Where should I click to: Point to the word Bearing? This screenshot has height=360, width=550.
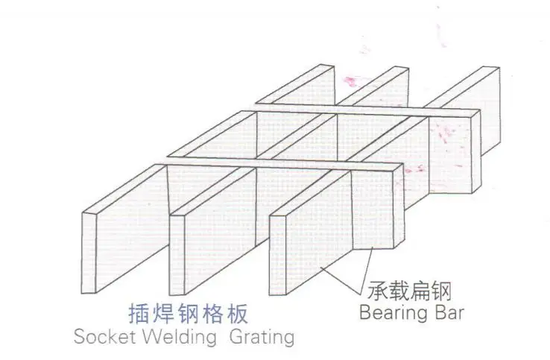392,312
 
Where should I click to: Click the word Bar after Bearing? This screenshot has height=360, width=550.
448,312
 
